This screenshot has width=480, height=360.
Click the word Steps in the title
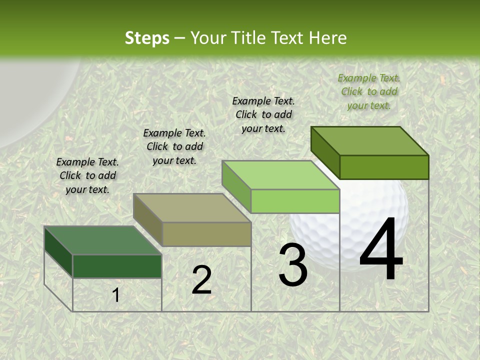[147, 38]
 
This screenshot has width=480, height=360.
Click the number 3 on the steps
[293, 265]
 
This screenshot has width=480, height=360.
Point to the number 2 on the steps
[201, 280]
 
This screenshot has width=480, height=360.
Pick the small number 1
[116, 295]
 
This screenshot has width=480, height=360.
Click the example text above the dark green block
[87, 175]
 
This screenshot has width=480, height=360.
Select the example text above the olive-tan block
[174, 146]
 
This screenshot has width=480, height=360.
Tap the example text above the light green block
[263, 114]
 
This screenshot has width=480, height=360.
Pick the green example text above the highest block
[369, 91]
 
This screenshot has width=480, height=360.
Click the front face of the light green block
[295, 201]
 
